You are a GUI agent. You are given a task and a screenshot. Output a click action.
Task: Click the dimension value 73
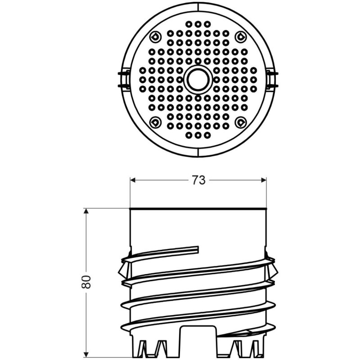point(198,180)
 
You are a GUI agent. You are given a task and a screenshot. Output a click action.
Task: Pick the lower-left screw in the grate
point(156,121)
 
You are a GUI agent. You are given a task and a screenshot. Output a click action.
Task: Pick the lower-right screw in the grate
point(240,121)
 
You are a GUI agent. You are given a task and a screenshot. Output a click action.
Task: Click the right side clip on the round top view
point(272,79)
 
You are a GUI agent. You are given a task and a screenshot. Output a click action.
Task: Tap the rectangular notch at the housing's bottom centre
point(198,337)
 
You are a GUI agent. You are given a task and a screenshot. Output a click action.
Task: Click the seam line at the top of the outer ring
point(198,5)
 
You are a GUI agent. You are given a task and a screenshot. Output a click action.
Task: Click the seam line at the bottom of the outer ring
point(198,153)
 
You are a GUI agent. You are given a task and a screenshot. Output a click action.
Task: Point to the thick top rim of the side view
point(198,208)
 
